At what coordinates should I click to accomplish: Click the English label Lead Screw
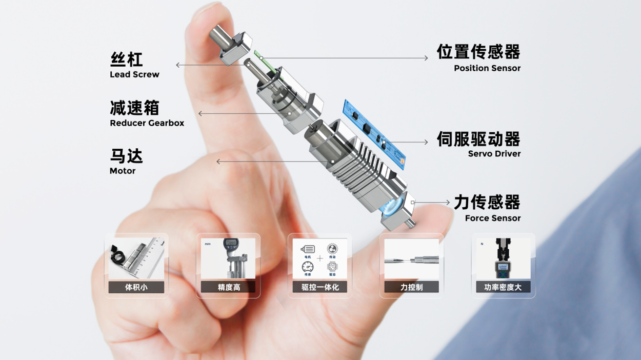(134, 75)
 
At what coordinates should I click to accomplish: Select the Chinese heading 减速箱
(135, 108)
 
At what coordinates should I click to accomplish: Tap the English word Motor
(123, 171)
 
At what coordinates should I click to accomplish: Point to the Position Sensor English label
(487, 69)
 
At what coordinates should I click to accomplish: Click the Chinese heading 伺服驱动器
(478, 139)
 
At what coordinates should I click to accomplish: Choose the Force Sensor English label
(492, 218)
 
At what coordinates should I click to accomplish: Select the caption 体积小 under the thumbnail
(136, 287)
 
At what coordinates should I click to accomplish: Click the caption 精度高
(228, 287)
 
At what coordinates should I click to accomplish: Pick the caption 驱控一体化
(320, 287)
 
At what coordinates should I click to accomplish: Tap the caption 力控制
(411, 287)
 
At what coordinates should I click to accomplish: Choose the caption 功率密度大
(503, 287)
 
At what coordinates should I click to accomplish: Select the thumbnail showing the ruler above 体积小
(136, 258)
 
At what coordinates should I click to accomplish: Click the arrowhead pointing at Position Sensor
(426, 58)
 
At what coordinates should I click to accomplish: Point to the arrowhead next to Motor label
(218, 162)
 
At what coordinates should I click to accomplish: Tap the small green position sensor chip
(258, 55)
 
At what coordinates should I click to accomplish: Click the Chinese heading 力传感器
(487, 203)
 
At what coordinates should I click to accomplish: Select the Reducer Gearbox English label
(147, 123)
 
